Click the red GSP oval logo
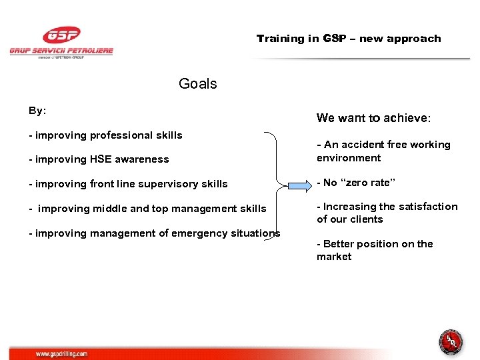(x=61, y=35)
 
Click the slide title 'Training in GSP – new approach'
(x=349, y=39)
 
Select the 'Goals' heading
(x=198, y=84)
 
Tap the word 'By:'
(x=37, y=111)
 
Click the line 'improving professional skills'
(x=105, y=135)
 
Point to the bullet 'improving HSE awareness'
(x=99, y=159)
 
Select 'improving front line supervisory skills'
(x=128, y=184)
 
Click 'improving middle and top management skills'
(x=147, y=209)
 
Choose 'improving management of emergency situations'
(x=154, y=233)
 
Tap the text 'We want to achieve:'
(x=373, y=118)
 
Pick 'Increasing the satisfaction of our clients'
(x=387, y=213)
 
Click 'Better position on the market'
(x=375, y=250)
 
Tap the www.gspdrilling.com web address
(x=61, y=354)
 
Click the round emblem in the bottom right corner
(x=451, y=341)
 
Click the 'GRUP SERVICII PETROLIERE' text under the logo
(x=61, y=51)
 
